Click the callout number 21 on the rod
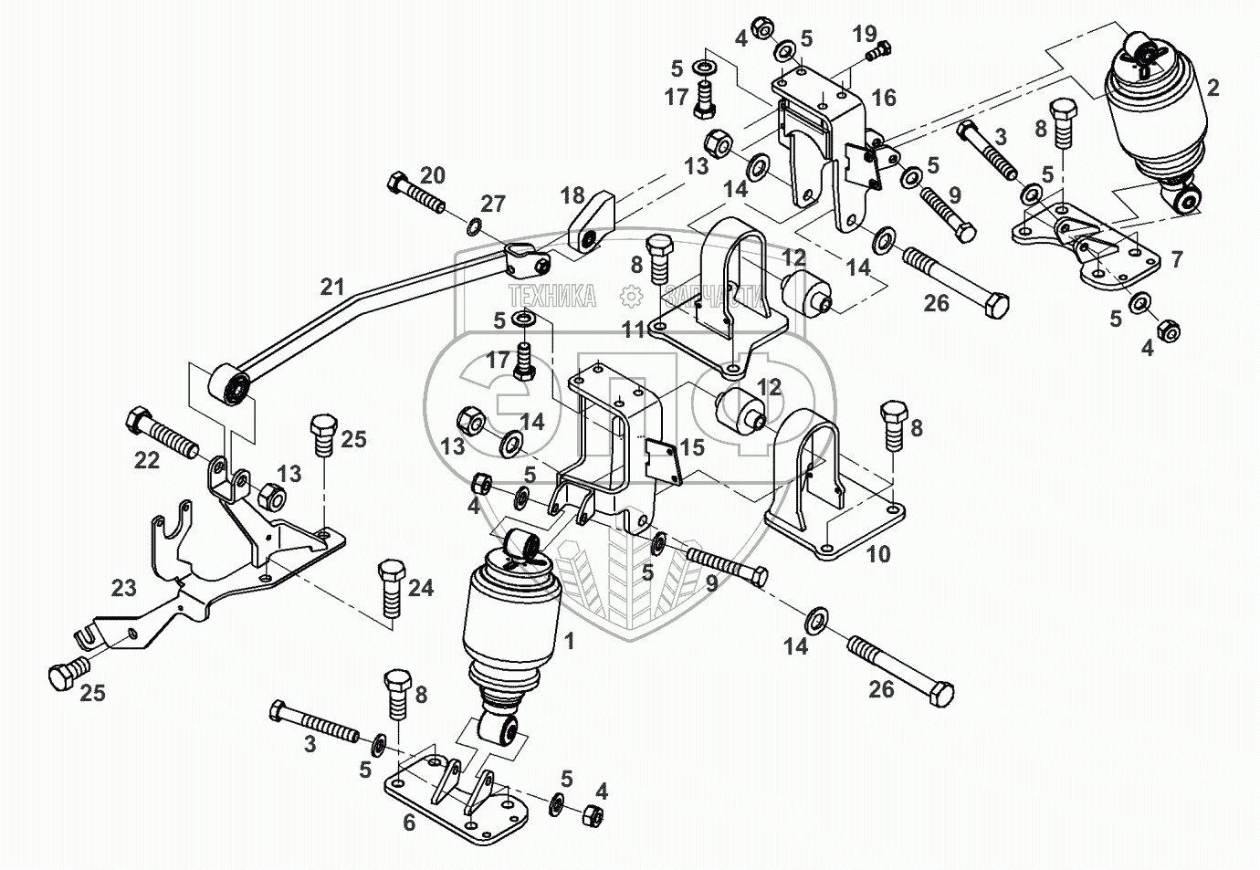331,287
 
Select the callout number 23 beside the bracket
123,588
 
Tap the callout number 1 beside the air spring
570,642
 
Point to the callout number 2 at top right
1213,89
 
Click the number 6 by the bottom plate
408,823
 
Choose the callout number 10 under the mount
877,554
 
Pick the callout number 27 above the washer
492,204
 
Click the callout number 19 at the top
865,35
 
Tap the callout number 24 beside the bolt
420,589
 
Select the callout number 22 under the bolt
147,461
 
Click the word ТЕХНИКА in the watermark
552,296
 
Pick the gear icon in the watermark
629,296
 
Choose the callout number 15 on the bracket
693,448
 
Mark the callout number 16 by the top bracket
883,97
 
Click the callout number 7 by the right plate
1177,260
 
